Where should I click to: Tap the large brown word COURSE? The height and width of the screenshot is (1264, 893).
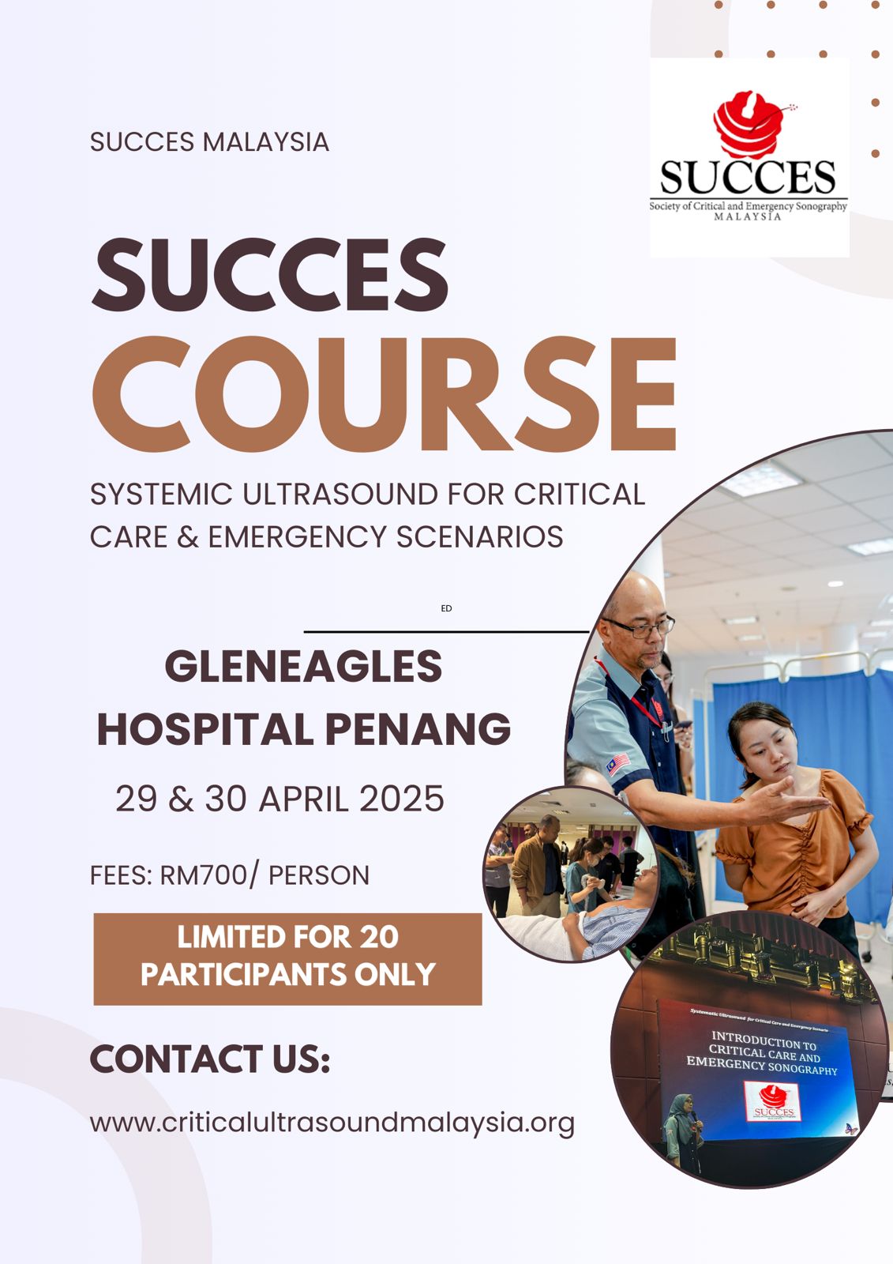point(385,394)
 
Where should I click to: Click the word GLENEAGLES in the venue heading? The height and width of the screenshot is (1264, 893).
point(303,667)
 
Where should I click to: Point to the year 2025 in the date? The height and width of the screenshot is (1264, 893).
point(402,799)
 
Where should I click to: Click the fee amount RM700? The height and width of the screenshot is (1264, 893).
point(203,875)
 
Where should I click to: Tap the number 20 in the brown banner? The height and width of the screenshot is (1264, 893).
point(379,938)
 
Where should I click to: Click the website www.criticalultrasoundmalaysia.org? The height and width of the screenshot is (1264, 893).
point(332,1123)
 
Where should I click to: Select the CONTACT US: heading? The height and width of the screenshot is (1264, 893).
point(210,1059)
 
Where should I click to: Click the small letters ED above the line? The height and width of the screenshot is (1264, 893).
point(446,608)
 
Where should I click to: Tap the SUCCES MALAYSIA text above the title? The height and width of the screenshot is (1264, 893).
point(209,142)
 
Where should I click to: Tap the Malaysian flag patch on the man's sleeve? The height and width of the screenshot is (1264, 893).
point(618,763)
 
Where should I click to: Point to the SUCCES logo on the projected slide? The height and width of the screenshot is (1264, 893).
point(774,1101)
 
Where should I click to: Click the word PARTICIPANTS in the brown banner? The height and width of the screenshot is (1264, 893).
point(245,975)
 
